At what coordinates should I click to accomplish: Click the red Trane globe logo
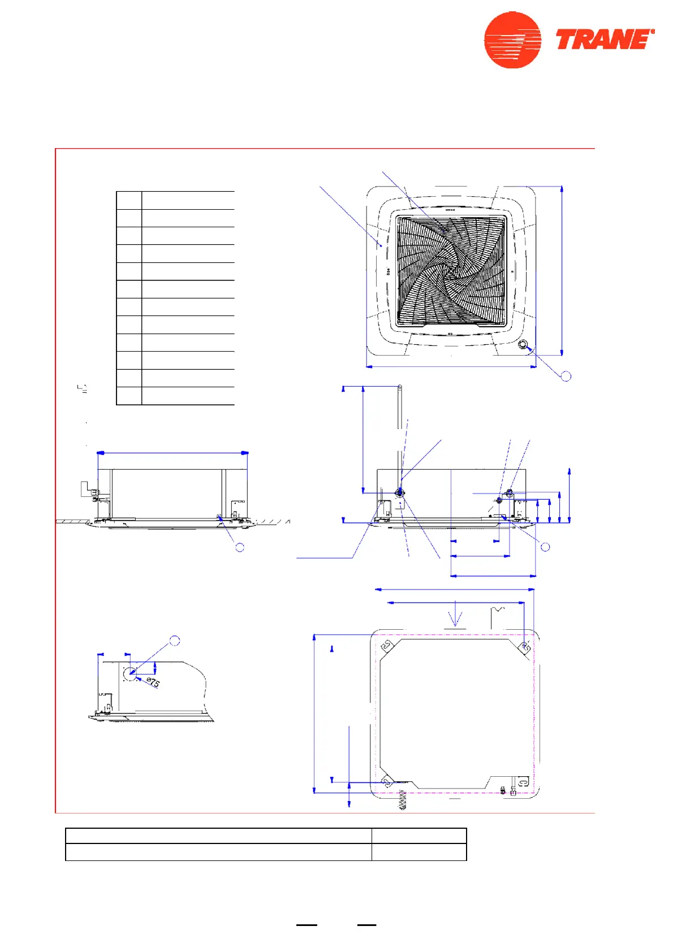512,40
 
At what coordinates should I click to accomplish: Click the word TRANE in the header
604,40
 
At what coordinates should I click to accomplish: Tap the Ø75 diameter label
153,682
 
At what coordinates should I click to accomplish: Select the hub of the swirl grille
451,272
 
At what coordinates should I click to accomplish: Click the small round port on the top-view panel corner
523,344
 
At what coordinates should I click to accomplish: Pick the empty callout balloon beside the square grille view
566,376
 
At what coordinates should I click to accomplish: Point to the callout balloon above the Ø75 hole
175,641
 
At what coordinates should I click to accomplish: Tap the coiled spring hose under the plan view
403,800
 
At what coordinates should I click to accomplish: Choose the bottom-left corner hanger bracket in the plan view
387,782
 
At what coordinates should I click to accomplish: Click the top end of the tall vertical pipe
400,388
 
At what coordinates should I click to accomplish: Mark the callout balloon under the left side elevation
240,547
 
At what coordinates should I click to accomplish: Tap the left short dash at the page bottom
307,925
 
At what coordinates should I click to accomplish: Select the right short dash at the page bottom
366,925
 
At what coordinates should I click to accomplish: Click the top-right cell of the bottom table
419,836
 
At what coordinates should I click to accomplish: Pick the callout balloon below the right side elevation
545,547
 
